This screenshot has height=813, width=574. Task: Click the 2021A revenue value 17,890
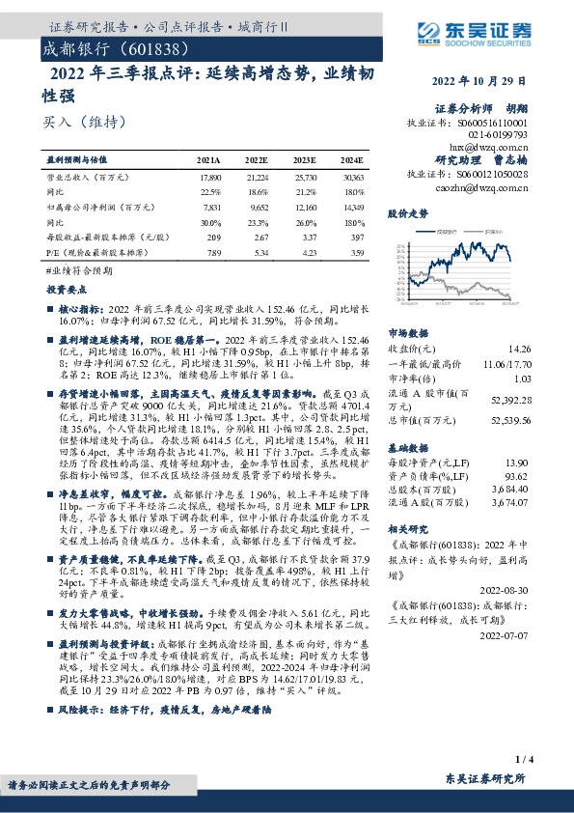click(x=209, y=178)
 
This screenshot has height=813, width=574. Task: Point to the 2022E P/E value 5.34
click(x=258, y=251)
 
